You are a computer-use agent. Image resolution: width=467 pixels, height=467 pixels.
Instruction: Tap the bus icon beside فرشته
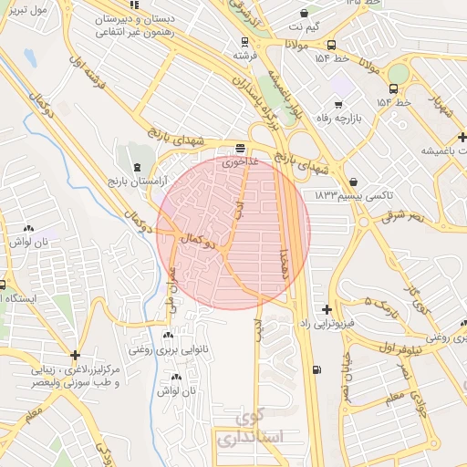(244, 41)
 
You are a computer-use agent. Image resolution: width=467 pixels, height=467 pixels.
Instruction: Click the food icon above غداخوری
(240, 148)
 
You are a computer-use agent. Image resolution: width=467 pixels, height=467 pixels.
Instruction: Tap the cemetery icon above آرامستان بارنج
(137, 167)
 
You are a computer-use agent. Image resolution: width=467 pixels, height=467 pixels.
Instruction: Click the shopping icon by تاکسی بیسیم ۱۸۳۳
(353, 182)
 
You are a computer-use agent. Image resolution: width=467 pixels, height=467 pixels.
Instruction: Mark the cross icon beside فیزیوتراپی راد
(327, 310)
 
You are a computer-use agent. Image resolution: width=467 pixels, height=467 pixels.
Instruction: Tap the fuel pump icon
(317, 369)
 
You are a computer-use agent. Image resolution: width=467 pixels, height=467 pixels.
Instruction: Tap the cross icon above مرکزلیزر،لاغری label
(75, 354)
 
